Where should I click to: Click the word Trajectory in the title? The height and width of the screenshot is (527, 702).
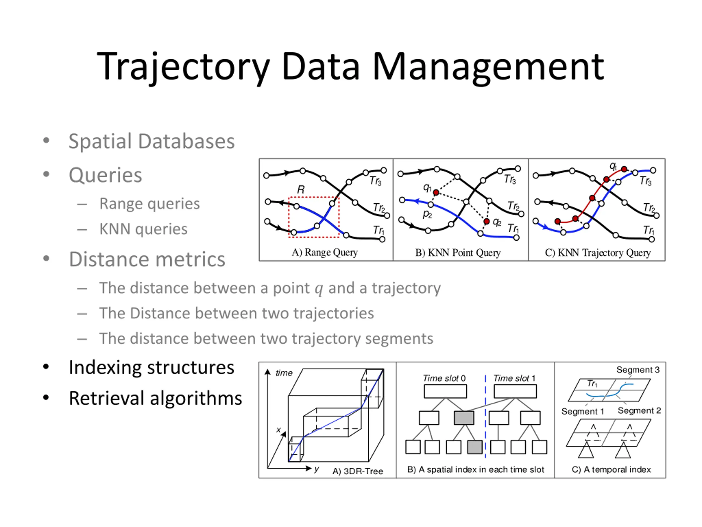(x=183, y=67)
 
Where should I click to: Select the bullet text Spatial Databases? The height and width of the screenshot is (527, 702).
(x=151, y=141)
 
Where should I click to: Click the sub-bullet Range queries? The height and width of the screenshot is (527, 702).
(x=149, y=203)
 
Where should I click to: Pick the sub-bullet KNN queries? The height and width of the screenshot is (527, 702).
(x=143, y=229)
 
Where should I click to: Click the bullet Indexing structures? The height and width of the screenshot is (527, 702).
(x=151, y=368)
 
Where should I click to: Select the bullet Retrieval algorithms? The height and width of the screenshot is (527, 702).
(x=155, y=398)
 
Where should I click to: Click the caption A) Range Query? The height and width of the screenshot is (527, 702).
(x=325, y=252)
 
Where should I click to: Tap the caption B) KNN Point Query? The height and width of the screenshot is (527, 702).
(x=458, y=253)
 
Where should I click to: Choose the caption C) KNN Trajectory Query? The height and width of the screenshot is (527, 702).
(x=598, y=253)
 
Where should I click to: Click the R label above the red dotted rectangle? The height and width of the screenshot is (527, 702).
(x=301, y=190)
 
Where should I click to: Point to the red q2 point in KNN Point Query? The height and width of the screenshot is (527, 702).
(x=486, y=221)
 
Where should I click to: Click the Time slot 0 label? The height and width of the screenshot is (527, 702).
(x=444, y=378)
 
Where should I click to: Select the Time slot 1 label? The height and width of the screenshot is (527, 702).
(x=514, y=378)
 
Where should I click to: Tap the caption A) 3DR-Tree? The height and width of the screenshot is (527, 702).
(x=358, y=471)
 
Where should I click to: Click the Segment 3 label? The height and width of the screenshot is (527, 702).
(x=638, y=369)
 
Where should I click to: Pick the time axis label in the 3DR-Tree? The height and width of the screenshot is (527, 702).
(x=284, y=373)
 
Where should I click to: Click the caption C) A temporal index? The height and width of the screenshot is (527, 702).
(x=611, y=470)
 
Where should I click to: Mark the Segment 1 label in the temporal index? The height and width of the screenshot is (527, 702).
(x=582, y=411)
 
